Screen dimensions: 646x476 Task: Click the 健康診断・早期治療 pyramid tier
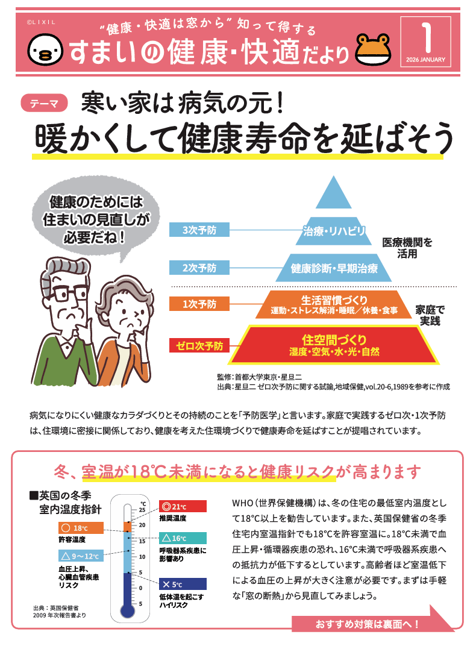pyautogui.click(x=334, y=268)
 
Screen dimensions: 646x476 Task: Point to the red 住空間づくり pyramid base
pyautogui.click(x=334, y=345)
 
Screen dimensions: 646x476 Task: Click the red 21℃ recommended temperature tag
pyautogui.click(x=183, y=506)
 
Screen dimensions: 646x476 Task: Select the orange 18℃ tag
pyautogui.click(x=81, y=528)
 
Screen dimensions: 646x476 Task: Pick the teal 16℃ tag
pyautogui.click(x=183, y=538)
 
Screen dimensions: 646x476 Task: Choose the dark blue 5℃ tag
pyautogui.click(x=183, y=584)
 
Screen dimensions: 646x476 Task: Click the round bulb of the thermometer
pyautogui.click(x=127, y=610)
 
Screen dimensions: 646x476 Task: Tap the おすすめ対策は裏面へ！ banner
pyautogui.click(x=368, y=624)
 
